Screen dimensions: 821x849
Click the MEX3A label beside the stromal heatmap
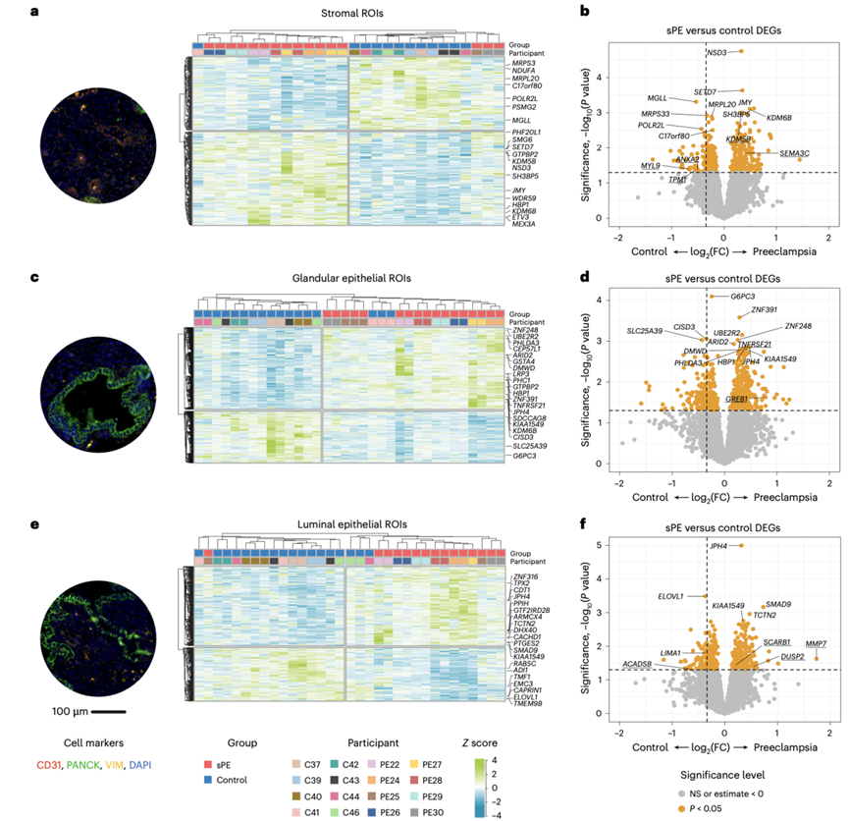pyautogui.click(x=523, y=224)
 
